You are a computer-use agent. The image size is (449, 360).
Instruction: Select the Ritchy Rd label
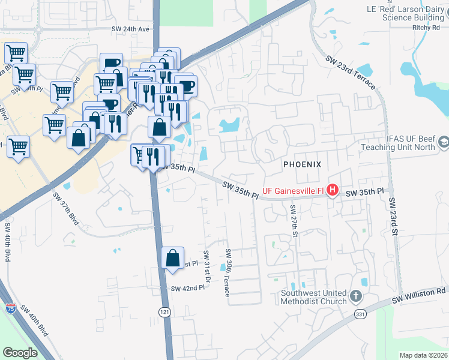pos(427,28)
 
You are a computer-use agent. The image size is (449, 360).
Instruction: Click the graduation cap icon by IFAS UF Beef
pos(444,142)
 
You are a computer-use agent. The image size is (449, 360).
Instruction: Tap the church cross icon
pos(356,296)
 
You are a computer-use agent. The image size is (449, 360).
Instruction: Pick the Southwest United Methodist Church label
pos(314,297)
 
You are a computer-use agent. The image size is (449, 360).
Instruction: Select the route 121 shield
pos(164,312)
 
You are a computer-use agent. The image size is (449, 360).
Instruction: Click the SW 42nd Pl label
pos(187,288)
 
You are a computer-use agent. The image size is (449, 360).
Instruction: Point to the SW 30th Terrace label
pos(228,272)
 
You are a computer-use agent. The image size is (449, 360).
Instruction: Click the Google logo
pos(20,352)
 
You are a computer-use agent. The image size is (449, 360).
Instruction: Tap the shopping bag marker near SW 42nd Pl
pos(172,258)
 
